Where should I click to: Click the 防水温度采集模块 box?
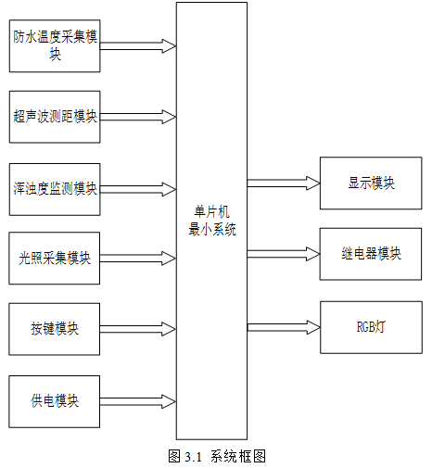click(55, 46)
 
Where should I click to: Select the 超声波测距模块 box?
click(55, 117)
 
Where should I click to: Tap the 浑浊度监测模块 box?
click(55, 189)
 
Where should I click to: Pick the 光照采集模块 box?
click(55, 259)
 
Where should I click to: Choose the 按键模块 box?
click(55, 329)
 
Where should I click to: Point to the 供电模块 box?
click(55, 401)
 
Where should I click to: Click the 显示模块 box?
click(371, 183)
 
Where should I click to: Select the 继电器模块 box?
click(371, 254)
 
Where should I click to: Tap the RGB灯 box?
click(371, 327)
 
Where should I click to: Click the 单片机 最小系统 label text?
click(212, 221)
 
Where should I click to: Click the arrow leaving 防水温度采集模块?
click(138, 46)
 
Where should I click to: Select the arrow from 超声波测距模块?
click(138, 117)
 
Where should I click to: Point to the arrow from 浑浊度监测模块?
click(138, 189)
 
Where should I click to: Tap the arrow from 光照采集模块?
click(138, 259)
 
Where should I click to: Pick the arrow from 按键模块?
click(138, 329)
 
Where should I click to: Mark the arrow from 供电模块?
click(138, 401)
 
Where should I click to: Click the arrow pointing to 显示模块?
click(284, 183)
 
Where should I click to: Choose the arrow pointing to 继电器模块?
click(284, 254)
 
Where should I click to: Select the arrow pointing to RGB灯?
click(284, 327)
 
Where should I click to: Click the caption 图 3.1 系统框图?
click(217, 456)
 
